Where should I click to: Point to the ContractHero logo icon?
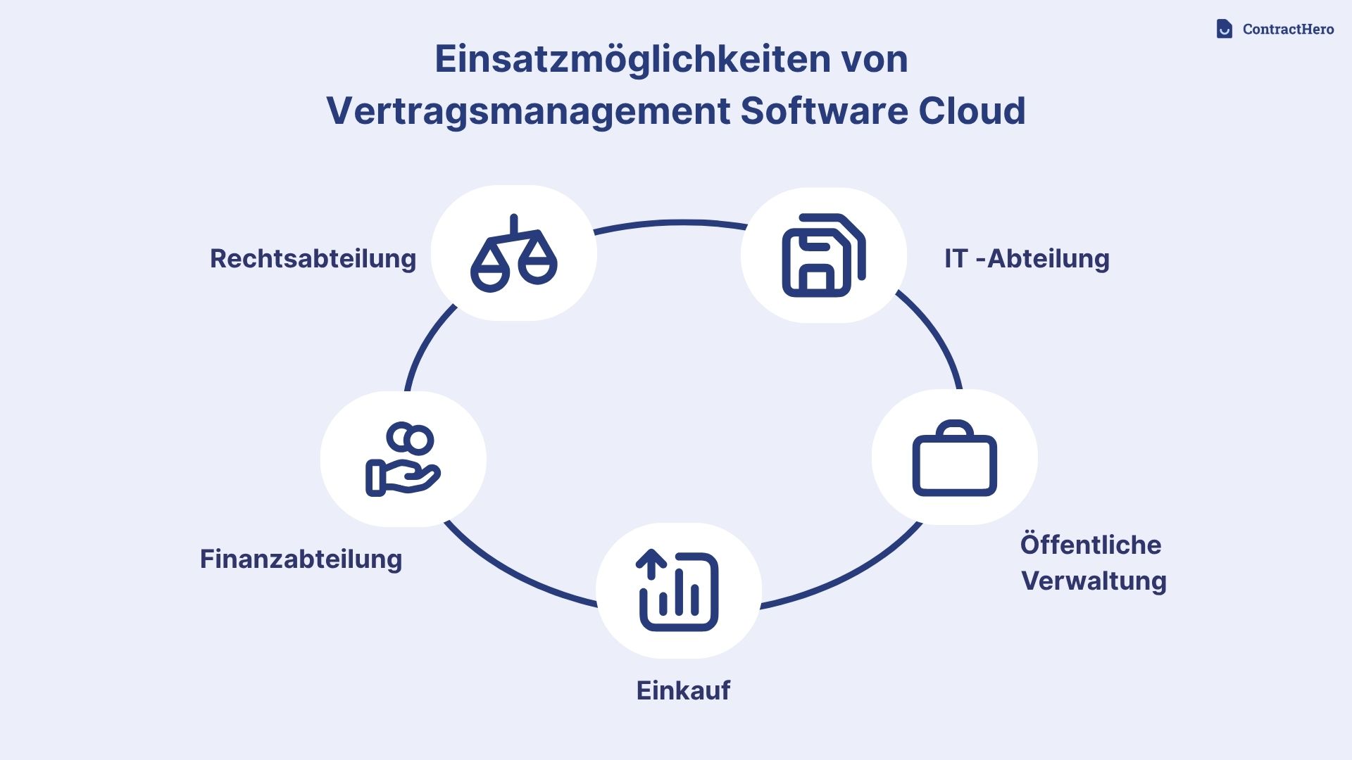(x=1224, y=29)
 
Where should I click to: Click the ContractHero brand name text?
(x=1288, y=30)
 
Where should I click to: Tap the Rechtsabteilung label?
(x=313, y=258)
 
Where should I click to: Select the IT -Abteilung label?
(x=1026, y=258)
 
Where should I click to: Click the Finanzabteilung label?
(x=301, y=559)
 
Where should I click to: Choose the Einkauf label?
(x=683, y=690)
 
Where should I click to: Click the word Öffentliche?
(x=1090, y=545)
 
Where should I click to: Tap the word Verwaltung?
(x=1094, y=581)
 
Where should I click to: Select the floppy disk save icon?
(x=823, y=255)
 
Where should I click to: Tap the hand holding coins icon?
(x=403, y=459)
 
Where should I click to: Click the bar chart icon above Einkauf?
(x=678, y=591)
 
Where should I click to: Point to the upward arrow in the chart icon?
(x=651, y=563)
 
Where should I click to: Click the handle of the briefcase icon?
(x=955, y=428)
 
